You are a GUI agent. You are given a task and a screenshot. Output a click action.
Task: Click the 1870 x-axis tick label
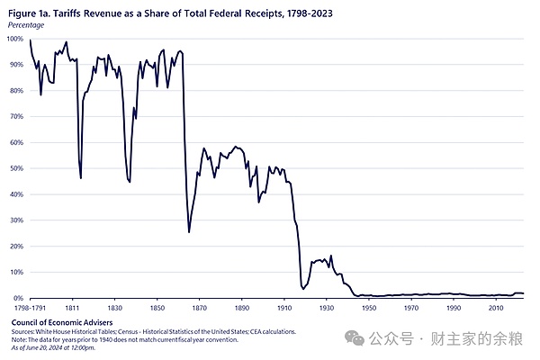pyautogui.click(x=199, y=307)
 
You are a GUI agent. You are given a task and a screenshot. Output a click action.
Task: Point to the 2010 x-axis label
pyautogui.click(x=495, y=307)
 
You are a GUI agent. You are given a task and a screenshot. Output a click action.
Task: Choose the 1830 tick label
pyautogui.click(x=114, y=307)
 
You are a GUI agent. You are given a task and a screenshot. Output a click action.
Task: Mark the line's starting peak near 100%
pyautogui.click(x=31, y=40)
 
